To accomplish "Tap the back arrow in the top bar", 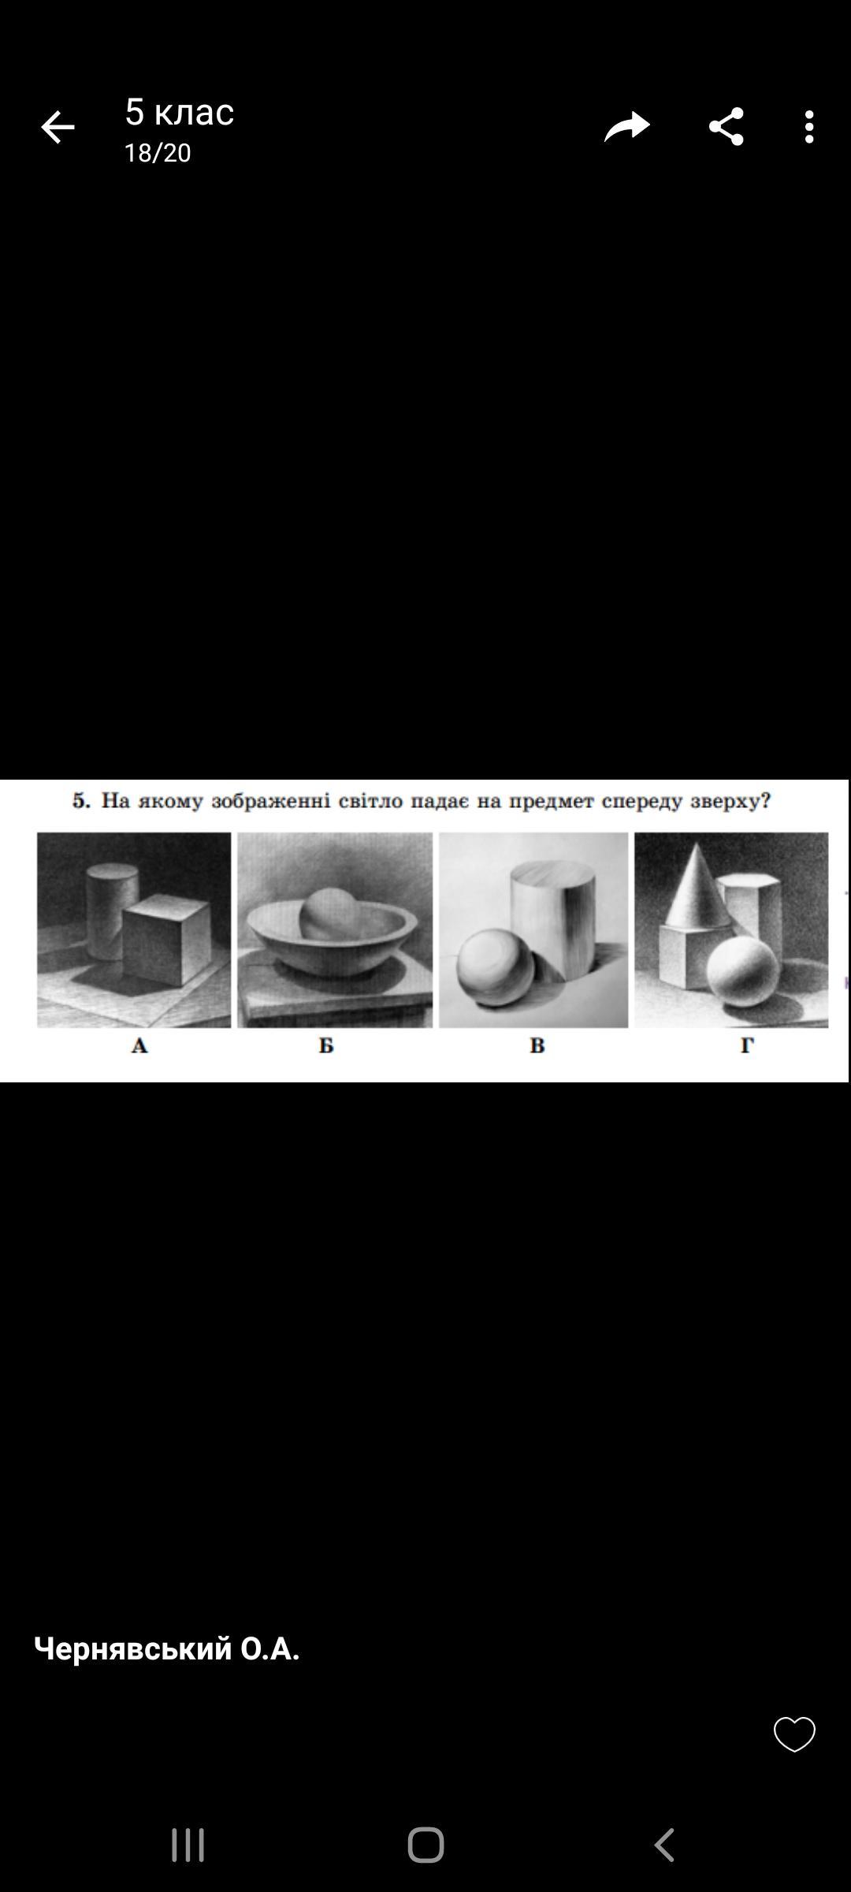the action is [x=58, y=127].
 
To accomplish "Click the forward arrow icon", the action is [x=627, y=126].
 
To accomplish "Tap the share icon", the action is [x=726, y=126].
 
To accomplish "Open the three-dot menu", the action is [x=809, y=127].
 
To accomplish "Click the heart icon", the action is [x=794, y=1734].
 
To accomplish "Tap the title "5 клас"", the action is [x=180, y=112].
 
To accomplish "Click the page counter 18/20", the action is [x=158, y=153].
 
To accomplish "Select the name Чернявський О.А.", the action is [x=166, y=1648].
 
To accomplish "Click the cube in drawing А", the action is [x=166, y=940].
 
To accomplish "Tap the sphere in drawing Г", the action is [x=741, y=970].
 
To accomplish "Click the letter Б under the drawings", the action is [x=326, y=1046].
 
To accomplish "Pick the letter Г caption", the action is [x=746, y=1045].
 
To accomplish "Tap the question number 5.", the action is [x=81, y=801].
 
